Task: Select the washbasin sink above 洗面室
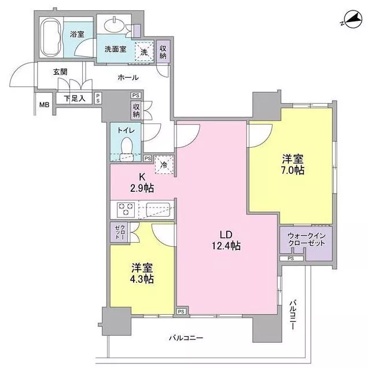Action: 115,25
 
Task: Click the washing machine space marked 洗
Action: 144,52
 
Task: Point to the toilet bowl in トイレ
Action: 127,148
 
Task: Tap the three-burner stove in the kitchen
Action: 126,209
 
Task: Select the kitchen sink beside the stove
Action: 158,209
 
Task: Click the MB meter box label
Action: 45,104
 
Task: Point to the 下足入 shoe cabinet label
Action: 75,98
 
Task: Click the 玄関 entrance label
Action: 60,72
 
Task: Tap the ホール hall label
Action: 128,77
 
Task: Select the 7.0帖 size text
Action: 293,170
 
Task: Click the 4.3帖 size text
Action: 142,279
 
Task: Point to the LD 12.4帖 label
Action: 226,240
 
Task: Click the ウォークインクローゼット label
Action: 307,239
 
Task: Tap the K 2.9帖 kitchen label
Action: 142,183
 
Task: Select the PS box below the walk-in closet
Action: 291,258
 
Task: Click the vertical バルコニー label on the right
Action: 293,315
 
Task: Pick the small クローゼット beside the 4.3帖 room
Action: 120,232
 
